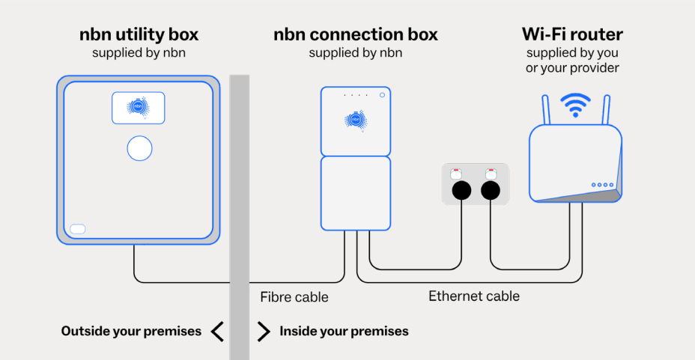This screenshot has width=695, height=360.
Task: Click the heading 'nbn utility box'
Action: tap(139, 34)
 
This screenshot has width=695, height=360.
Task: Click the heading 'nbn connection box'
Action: tap(355, 34)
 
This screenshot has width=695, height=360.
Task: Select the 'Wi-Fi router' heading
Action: tap(572, 34)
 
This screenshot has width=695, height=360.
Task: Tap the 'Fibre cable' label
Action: tap(294, 297)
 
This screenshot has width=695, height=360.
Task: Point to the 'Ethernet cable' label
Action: tap(474, 296)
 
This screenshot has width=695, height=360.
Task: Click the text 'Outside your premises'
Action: tap(131, 331)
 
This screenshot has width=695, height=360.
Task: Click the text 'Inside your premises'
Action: tap(344, 331)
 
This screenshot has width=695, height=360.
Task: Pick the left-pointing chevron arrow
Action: tap(217, 331)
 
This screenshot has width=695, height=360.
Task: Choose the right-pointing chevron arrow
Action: tap(263, 331)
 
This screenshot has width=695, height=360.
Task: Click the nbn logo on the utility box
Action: tap(139, 108)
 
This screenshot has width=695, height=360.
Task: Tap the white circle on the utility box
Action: tap(139, 148)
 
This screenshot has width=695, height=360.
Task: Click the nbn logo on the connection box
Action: tap(356, 120)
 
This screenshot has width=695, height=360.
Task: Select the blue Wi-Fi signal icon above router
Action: tap(575, 105)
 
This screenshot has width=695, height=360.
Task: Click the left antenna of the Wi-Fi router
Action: tap(544, 111)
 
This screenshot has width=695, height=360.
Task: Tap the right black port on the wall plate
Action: tap(491, 191)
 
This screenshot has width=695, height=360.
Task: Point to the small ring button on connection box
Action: tap(382, 95)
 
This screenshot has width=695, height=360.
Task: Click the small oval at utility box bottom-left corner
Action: tap(78, 229)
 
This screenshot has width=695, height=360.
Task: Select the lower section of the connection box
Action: tap(356, 193)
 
